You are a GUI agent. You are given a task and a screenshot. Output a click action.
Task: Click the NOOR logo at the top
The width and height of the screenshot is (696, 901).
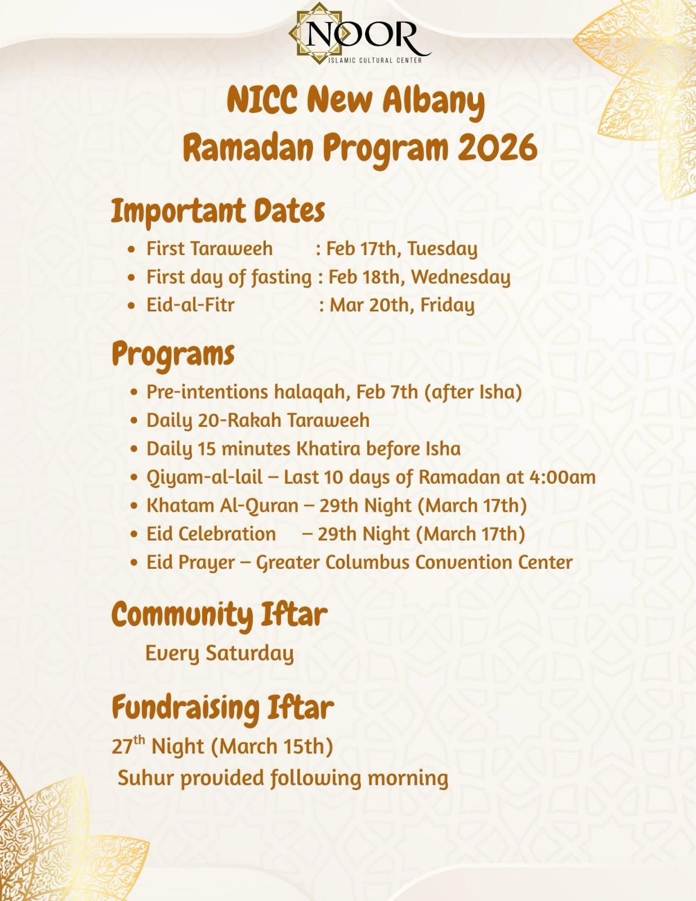coord(360,34)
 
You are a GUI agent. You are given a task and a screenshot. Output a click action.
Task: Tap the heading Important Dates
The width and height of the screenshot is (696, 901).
coord(218,211)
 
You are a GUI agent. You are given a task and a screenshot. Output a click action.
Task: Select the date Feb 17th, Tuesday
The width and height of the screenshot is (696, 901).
coord(402,248)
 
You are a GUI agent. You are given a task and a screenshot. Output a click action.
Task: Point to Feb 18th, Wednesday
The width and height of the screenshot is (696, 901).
coord(420,277)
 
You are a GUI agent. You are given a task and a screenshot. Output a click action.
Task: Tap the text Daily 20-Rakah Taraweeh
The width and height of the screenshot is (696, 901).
coord(258,420)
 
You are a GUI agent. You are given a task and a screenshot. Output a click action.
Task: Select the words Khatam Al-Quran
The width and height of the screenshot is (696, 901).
coord(222,505)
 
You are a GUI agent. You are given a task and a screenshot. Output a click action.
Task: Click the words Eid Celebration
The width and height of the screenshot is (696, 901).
coord(211,533)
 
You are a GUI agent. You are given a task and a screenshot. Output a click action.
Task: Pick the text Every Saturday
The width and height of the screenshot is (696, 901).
coord(220,653)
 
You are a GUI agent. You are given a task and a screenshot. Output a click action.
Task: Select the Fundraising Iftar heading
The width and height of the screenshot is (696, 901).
coord(222,707)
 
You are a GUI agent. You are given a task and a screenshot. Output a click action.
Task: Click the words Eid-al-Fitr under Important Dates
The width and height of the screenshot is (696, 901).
coord(190,305)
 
